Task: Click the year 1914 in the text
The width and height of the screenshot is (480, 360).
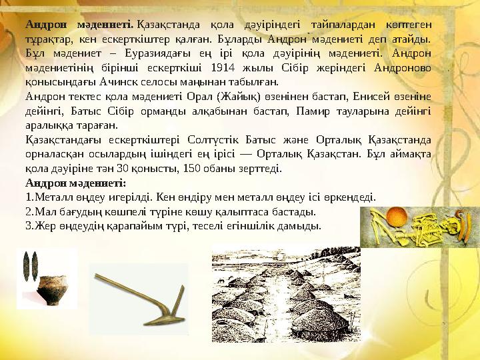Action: pyautogui.click(x=222, y=67)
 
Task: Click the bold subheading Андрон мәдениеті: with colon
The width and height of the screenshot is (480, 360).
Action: pyautogui.click(x=75, y=183)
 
